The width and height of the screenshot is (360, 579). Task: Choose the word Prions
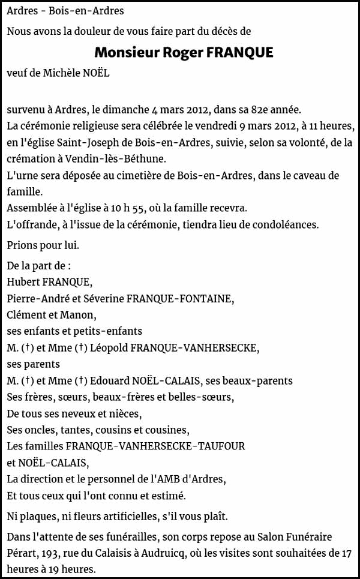tap(23, 245)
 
